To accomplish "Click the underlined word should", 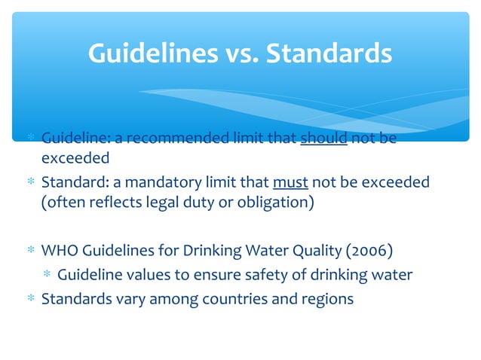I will [323, 139].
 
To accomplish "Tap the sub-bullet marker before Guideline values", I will [47, 275].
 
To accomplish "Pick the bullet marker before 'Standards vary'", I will [30, 299].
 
